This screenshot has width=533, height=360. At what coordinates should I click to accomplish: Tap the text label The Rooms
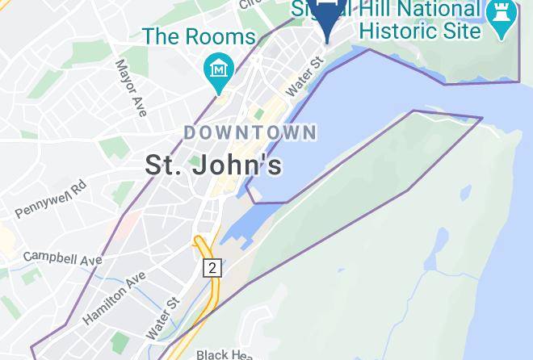point(199,36)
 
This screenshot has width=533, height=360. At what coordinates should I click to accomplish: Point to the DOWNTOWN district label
point(250,132)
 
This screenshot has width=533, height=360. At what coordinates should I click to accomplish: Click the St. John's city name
point(213,165)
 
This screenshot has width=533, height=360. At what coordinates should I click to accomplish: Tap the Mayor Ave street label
point(130,88)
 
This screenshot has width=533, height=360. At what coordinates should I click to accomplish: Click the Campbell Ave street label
point(62,258)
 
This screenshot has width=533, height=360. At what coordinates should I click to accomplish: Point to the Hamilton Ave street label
point(114,298)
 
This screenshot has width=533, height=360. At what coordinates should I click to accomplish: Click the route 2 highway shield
point(212,268)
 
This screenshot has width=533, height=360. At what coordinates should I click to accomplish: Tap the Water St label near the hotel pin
point(304,77)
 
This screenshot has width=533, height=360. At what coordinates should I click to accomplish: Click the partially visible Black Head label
point(225,354)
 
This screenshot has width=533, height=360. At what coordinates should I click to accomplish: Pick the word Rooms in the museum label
point(222,36)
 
